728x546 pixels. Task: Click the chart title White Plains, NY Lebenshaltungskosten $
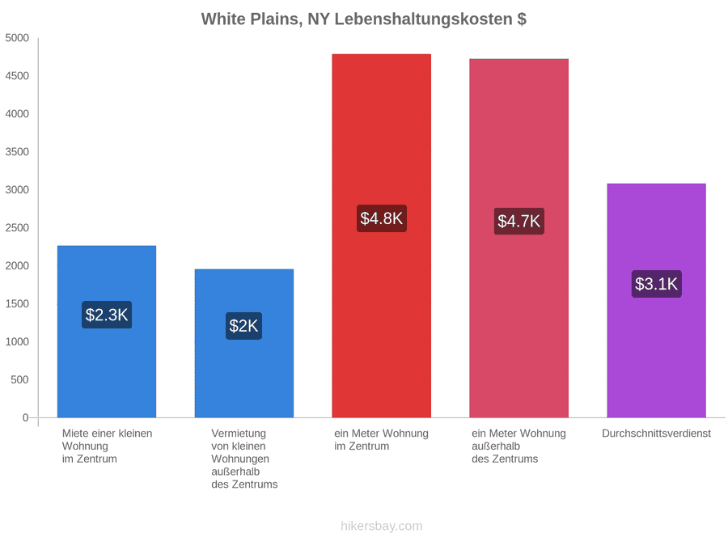click(x=363, y=19)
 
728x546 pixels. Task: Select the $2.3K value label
click(x=107, y=315)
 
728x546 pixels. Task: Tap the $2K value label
click(x=243, y=326)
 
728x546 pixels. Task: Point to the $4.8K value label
click(x=382, y=218)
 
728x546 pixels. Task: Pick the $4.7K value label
click(x=519, y=221)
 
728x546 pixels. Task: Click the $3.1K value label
click(x=657, y=284)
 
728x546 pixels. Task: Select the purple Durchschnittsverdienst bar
click(x=657, y=300)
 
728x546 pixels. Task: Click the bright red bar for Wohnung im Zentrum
click(x=382, y=236)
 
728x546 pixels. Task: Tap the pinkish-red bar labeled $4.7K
click(x=519, y=238)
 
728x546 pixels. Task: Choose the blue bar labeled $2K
click(x=244, y=344)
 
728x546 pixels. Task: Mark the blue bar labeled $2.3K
click(x=107, y=332)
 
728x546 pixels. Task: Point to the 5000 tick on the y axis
click(x=17, y=38)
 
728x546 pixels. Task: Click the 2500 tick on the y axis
click(x=17, y=228)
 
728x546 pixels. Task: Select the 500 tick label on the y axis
click(x=20, y=380)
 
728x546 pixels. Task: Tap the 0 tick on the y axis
click(x=26, y=418)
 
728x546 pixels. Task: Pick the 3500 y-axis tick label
click(x=17, y=152)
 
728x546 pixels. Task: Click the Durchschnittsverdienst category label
click(x=657, y=434)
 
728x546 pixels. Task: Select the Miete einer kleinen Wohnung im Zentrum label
click(x=108, y=447)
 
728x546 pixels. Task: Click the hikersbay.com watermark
click(x=382, y=526)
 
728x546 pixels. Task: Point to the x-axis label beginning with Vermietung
click(x=244, y=459)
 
